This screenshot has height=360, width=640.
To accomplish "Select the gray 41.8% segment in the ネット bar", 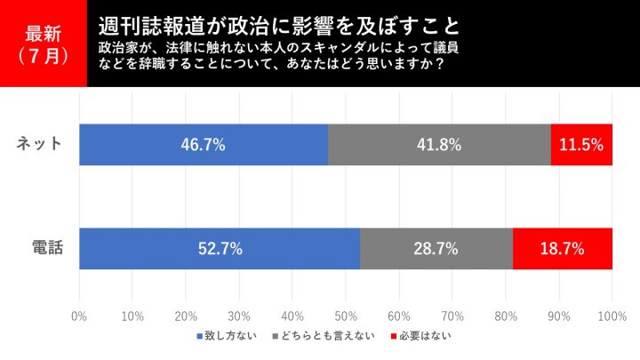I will (x=439, y=145).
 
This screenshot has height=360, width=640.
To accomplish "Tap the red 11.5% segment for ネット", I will (x=582, y=145).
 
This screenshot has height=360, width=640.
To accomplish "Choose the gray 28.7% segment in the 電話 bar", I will (x=436, y=249).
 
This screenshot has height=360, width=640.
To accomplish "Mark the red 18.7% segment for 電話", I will (x=563, y=249).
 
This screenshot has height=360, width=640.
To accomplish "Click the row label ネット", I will (x=41, y=145).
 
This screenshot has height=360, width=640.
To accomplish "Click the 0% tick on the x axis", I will (x=78, y=315).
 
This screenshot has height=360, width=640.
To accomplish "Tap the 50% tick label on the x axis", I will (x=346, y=315).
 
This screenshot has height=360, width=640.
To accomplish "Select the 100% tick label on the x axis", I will (x=612, y=315).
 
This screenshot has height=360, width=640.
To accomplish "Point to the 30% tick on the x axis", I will (x=239, y=315).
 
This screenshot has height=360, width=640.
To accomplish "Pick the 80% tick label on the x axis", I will (x=506, y=315).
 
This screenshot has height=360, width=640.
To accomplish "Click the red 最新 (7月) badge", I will (x=44, y=44).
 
